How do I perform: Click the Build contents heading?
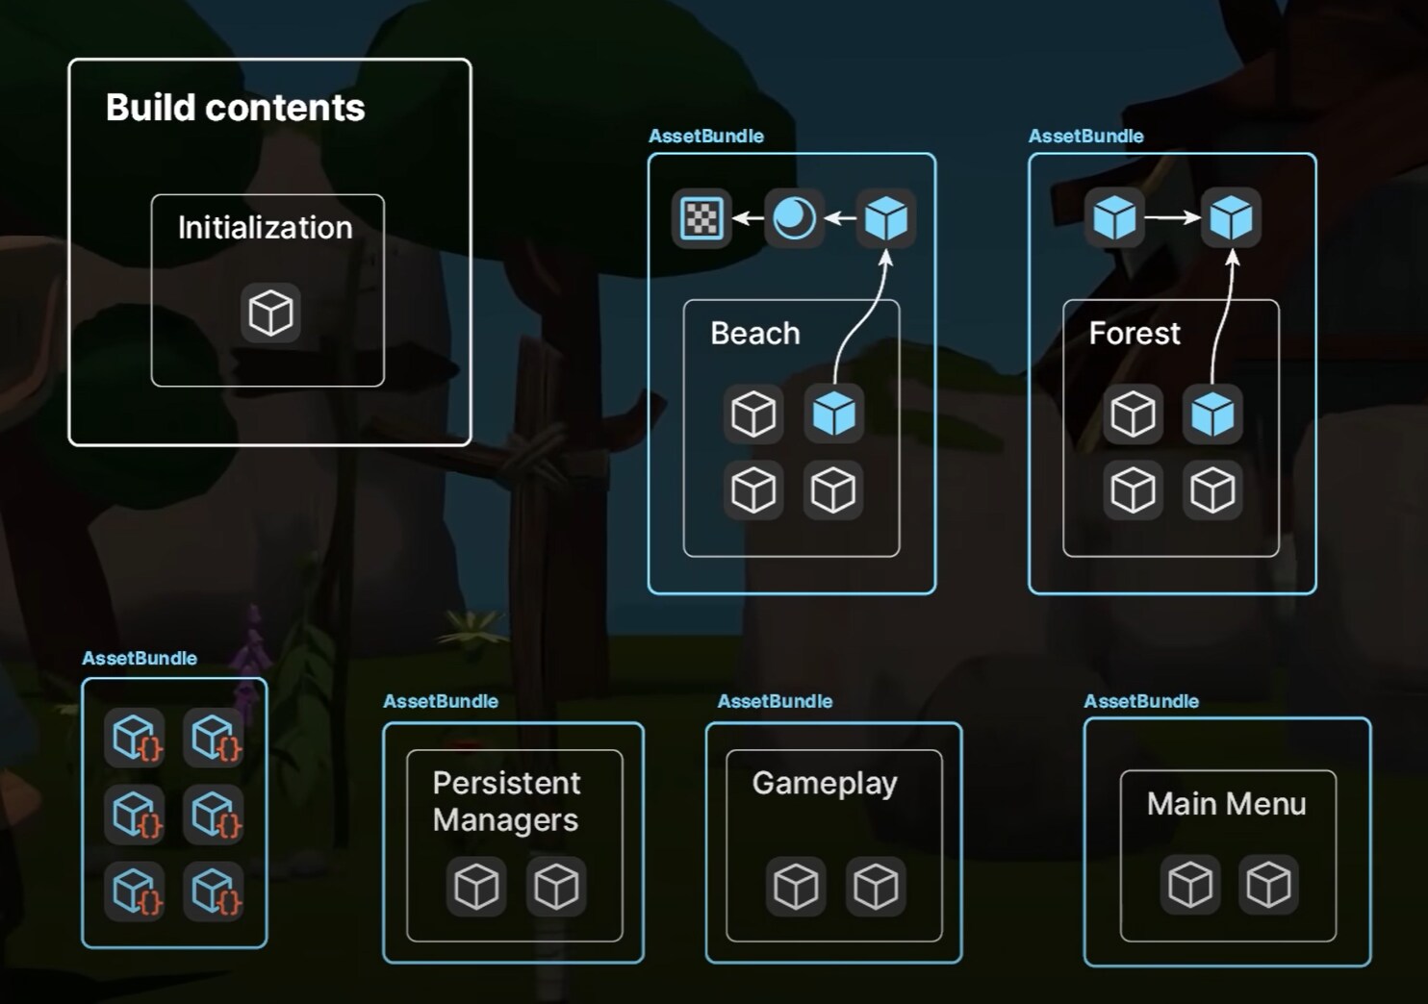[x=235, y=108]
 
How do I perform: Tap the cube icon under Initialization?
[x=270, y=313]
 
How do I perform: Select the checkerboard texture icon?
[x=701, y=218]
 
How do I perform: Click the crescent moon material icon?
[x=794, y=218]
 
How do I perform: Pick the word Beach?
[x=754, y=334]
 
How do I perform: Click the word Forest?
[x=1134, y=334]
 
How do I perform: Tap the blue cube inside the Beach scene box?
[x=833, y=414]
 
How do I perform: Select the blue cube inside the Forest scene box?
[x=1211, y=414]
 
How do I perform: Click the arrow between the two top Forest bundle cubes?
[x=1172, y=218]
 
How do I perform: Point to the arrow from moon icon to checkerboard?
[x=748, y=218]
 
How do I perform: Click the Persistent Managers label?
[x=506, y=801]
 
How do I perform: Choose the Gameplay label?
[x=825, y=784]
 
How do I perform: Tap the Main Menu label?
[x=1226, y=804]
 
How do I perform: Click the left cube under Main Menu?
[x=1190, y=884]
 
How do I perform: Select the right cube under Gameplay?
[x=876, y=886]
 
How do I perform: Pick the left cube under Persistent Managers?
[x=476, y=886]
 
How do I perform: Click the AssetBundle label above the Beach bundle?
[x=705, y=137]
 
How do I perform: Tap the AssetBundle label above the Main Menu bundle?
[x=1141, y=701]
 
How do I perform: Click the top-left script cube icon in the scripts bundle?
[x=135, y=738]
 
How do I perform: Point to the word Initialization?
[x=265, y=228]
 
